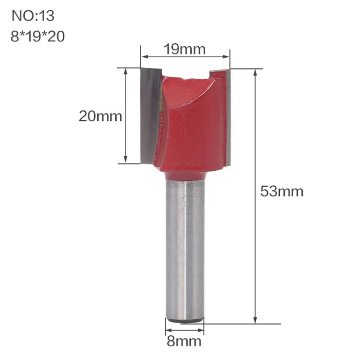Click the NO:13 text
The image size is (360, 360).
click(33, 16)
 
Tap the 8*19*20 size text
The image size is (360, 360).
click(38, 37)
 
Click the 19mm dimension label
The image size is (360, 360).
click(184, 49)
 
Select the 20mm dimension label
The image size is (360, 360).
click(100, 116)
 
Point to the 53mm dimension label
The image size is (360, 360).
click(282, 191)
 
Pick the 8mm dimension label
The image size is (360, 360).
click(184, 341)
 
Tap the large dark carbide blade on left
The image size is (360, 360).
click(150, 116)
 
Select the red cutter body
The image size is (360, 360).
click(193, 124)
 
